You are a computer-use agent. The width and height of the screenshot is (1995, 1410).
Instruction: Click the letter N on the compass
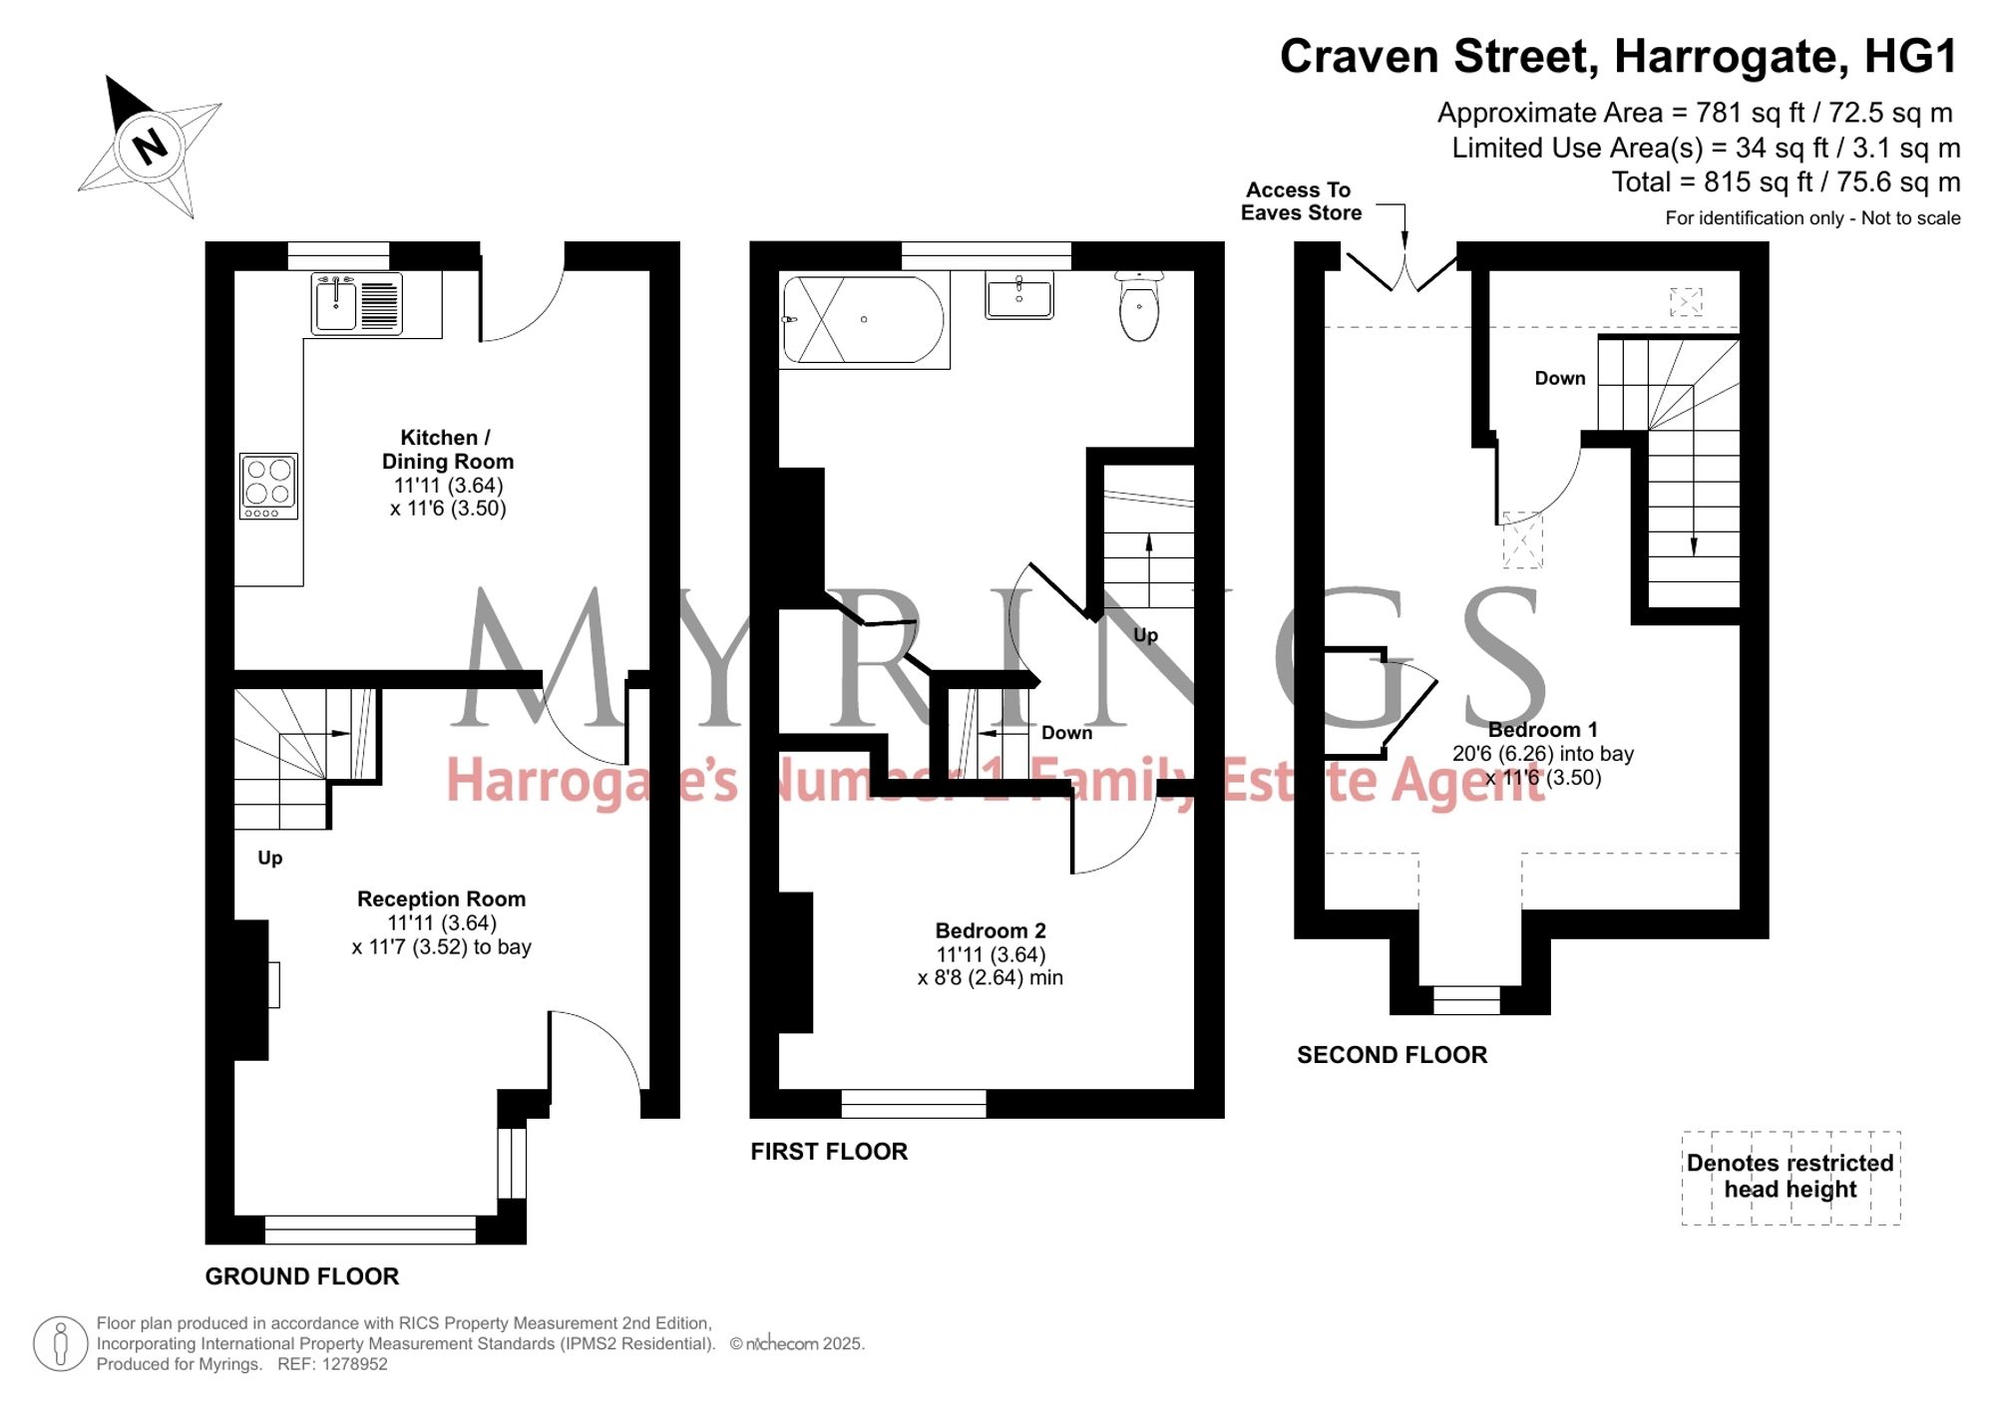click(x=151, y=147)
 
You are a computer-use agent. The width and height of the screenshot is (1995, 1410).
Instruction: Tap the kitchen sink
click(x=357, y=303)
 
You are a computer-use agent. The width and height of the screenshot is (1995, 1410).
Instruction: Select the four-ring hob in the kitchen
click(x=269, y=486)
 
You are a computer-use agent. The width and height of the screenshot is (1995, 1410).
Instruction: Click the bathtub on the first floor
click(x=864, y=319)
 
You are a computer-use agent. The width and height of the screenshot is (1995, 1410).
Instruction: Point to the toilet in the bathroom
click(x=1139, y=304)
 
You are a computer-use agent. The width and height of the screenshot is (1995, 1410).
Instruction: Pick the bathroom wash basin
click(x=1019, y=297)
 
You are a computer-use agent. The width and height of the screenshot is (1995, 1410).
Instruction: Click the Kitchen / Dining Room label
click(x=447, y=450)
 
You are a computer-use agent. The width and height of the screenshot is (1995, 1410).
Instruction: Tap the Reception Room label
click(x=442, y=898)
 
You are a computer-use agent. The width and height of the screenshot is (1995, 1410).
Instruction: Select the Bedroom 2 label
click(x=991, y=930)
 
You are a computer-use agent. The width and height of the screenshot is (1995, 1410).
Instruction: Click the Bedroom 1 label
click(x=1543, y=730)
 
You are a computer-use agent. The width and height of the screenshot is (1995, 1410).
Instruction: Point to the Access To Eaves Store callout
click(x=1301, y=201)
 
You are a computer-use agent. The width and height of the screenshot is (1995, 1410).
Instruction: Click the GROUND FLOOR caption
click(x=302, y=1276)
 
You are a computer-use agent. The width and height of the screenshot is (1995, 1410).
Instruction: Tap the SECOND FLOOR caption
click(x=1392, y=1055)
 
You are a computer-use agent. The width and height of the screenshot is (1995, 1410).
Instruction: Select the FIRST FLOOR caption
click(x=829, y=1152)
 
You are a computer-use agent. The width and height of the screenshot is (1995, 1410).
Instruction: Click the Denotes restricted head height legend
click(x=1791, y=1177)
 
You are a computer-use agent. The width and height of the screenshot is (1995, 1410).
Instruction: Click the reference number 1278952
click(x=353, y=1364)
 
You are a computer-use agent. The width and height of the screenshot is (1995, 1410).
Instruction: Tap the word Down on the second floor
click(x=1560, y=378)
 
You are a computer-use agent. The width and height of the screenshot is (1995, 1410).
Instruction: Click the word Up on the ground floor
click(x=270, y=859)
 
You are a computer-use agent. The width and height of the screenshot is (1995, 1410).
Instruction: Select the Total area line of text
click(x=1786, y=182)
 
